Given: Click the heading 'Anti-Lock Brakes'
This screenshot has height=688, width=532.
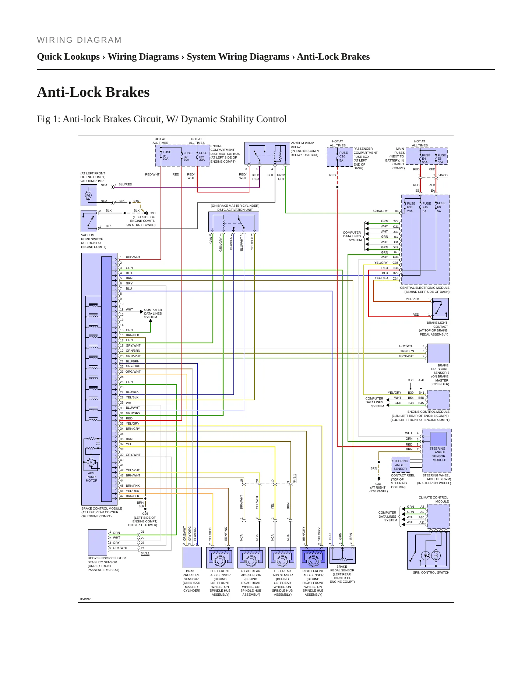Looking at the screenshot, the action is point(93,92).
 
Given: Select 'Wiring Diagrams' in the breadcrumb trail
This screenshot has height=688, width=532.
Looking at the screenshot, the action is point(143,57).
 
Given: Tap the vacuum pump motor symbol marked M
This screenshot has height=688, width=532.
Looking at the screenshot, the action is point(88,195).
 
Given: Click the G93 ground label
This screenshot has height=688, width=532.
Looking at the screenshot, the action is point(152,213).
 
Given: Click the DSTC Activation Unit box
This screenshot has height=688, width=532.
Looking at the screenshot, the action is point(234,222).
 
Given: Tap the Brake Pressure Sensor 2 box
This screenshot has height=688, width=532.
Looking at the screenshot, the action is point(438,354).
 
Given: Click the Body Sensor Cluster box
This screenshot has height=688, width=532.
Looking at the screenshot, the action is point(98,542).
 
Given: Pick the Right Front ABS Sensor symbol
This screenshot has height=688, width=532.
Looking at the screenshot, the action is point(314,558).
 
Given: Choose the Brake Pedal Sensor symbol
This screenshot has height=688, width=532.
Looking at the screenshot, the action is point(342,555).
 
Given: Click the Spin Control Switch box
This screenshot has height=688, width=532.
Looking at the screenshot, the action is point(429,550).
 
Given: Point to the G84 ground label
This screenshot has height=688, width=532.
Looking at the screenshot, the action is point(378,484).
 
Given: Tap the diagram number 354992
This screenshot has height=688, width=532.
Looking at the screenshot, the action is point(85,599).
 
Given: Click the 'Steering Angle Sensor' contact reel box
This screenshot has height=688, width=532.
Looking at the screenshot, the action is point(401,465).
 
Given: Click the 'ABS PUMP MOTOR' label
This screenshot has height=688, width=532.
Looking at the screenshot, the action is point(91,477).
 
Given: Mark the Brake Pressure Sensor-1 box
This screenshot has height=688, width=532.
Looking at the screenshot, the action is point(192,557).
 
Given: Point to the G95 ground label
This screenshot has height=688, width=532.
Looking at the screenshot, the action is point(145,514).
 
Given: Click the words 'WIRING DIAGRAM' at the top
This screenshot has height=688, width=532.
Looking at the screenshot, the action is point(80,40).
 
